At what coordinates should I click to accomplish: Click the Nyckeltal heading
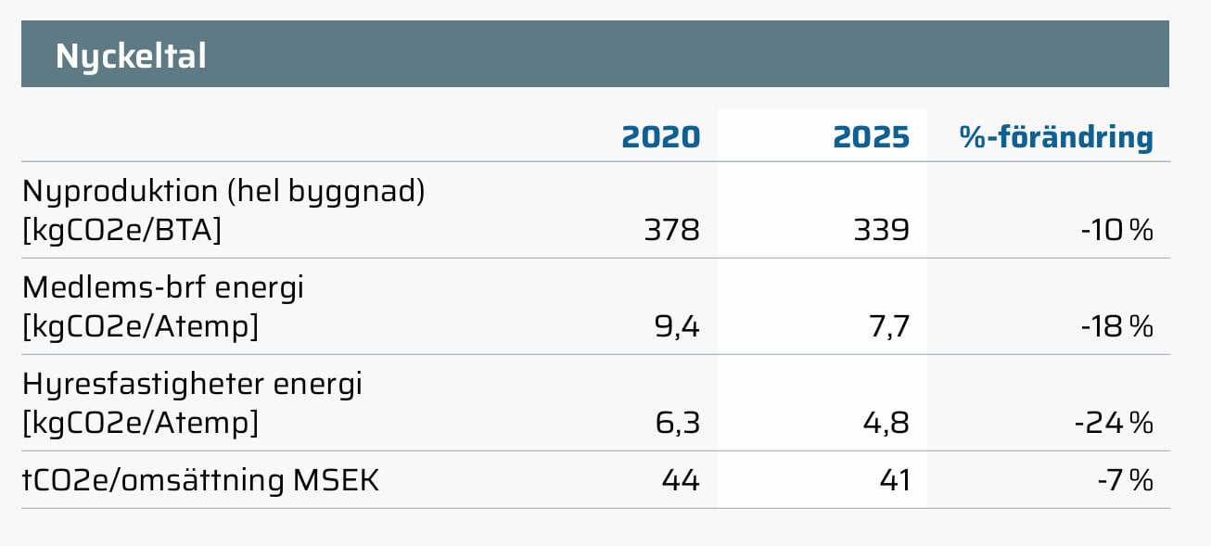[131, 57]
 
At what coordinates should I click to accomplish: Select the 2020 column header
[660, 137]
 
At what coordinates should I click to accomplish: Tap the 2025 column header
[871, 137]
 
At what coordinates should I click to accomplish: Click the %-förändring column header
[1056, 138]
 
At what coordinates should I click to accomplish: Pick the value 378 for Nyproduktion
[672, 230]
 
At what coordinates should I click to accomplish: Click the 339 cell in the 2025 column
[882, 230]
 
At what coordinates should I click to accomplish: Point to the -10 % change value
[1117, 230]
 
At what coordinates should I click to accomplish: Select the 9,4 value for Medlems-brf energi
[677, 326]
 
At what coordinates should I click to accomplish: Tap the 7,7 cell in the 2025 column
[889, 326]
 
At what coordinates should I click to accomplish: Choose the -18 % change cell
[1117, 326]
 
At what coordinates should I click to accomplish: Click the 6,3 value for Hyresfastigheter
[678, 423]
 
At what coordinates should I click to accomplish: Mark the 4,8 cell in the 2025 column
[886, 423]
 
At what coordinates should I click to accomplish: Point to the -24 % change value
[1114, 423]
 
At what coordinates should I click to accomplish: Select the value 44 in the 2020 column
[681, 480]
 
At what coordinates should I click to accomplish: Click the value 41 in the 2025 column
[895, 480]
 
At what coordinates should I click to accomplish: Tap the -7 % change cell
[1126, 480]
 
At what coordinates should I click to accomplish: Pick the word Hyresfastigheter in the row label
[144, 386]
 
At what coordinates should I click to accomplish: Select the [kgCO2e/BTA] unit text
[122, 231]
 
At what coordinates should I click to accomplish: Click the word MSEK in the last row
[336, 480]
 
